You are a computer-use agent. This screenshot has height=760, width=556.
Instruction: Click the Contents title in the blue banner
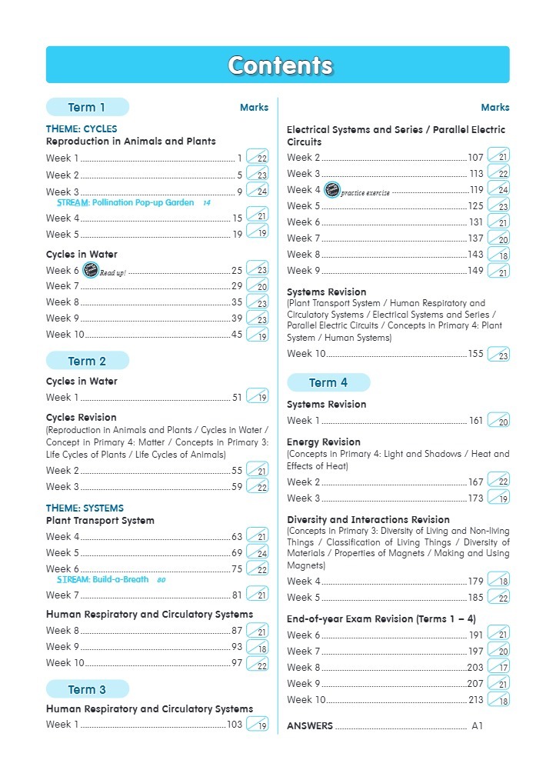(x=279, y=65)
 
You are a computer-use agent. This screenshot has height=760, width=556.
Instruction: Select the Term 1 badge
(x=87, y=107)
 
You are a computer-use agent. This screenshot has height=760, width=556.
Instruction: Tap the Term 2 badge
(x=87, y=361)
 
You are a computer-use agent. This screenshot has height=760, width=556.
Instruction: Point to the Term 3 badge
(x=87, y=689)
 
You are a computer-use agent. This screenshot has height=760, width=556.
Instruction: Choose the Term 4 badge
(x=328, y=382)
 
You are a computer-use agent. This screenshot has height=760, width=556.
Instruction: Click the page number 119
(x=477, y=190)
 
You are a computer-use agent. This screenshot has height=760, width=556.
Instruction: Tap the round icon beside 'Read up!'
(x=90, y=270)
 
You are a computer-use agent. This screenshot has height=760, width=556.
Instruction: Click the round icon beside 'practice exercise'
(x=331, y=190)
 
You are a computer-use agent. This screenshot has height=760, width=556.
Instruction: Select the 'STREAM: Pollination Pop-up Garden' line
(x=125, y=203)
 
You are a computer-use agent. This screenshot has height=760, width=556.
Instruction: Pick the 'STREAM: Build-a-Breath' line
(x=103, y=579)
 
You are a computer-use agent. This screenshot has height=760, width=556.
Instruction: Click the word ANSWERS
(x=310, y=725)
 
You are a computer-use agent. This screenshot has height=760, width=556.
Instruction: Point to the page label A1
(x=478, y=725)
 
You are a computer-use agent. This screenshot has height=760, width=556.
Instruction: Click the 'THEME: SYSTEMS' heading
(x=85, y=508)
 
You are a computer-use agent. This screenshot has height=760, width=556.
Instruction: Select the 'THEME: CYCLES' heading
(x=82, y=128)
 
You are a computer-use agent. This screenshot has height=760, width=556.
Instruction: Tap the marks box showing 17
(x=499, y=667)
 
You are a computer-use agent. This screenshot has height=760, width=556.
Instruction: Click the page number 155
(x=476, y=354)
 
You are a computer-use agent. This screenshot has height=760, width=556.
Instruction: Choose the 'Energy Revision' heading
(x=324, y=442)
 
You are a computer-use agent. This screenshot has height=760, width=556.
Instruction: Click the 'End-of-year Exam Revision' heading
(x=381, y=618)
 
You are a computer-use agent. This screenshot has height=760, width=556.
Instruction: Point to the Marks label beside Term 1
(x=254, y=108)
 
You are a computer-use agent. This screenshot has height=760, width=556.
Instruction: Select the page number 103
(x=235, y=725)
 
